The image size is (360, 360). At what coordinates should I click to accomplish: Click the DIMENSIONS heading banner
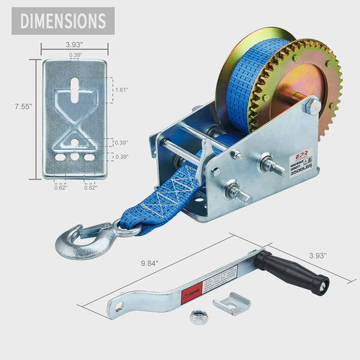63,21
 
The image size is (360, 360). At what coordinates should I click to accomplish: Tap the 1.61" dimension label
121,89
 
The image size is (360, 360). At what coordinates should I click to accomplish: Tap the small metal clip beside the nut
231,305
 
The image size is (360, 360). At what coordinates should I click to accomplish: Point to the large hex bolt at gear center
311,107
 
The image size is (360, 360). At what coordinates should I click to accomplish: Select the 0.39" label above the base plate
74,55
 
